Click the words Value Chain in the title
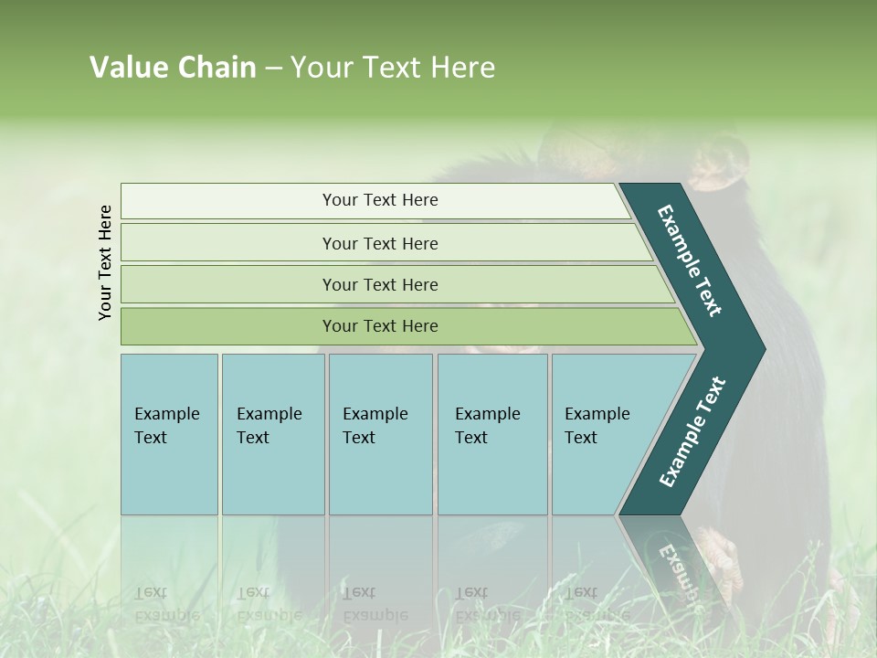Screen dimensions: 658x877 point(173,68)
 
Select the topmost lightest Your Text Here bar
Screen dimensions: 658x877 point(379,200)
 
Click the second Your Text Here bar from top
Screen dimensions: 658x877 point(379,243)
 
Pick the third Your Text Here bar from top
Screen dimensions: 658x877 point(379,284)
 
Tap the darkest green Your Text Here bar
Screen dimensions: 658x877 point(379,326)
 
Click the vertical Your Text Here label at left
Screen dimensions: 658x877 point(105,262)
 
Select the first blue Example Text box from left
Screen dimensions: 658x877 point(169,433)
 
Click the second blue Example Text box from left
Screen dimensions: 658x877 point(272,433)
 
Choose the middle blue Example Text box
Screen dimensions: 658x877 point(380,433)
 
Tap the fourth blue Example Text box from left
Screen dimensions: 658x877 point(491,433)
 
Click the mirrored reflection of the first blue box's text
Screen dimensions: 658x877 point(167,604)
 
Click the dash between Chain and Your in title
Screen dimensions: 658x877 point(273,68)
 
